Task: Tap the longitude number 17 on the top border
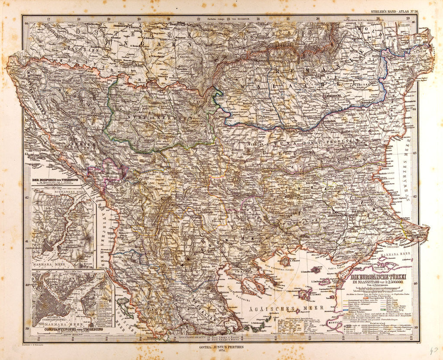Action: pyautogui.click(x=49, y=19)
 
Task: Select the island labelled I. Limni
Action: pyautogui.click(x=318, y=294)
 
